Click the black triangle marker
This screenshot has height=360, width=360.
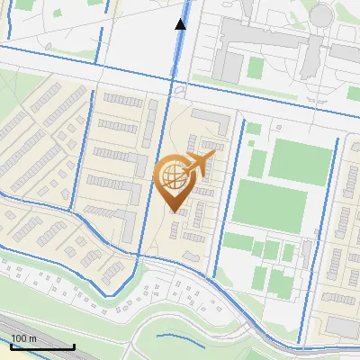point(180,23)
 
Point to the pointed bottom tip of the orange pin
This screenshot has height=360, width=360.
point(174,211)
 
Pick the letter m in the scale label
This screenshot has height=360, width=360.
point(33,337)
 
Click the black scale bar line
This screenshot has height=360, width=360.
point(42,346)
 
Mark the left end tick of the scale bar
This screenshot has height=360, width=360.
point(11,345)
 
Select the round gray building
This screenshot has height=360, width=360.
point(321,15)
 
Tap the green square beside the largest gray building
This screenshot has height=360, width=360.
point(256,67)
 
